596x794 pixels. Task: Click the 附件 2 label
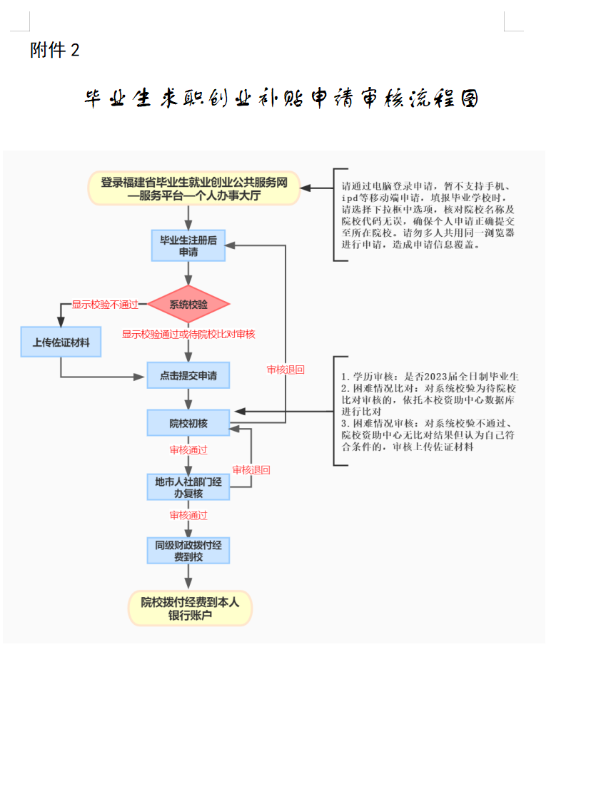click(55, 50)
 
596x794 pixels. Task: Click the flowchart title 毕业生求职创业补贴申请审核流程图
click(281, 98)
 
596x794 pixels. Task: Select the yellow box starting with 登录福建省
click(193, 188)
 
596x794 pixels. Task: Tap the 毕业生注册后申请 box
click(188, 245)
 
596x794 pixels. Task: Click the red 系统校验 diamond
click(188, 305)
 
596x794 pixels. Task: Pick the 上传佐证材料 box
click(61, 342)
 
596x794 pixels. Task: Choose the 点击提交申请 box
click(188, 375)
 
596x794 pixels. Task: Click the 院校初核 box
click(188, 423)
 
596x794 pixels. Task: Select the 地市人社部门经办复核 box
click(188, 487)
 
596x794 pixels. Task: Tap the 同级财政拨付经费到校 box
click(188, 550)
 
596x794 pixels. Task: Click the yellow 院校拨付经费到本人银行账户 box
click(190, 609)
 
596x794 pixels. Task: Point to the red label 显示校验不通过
click(105, 305)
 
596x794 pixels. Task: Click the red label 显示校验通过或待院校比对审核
click(188, 334)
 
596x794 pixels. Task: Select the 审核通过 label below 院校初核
click(188, 450)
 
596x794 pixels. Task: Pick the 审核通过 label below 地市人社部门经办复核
click(188, 515)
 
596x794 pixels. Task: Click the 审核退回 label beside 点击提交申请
click(286, 370)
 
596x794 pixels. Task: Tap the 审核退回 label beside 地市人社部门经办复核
click(251, 470)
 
